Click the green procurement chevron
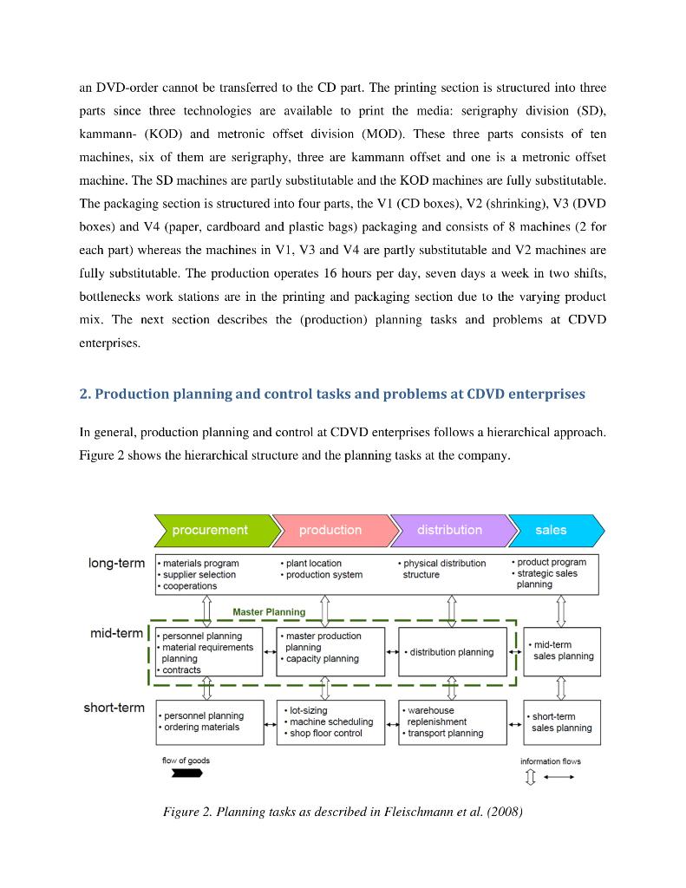tap(210, 530)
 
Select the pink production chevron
tap(330, 530)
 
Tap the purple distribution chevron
tap(448, 530)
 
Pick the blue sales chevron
tap(552, 530)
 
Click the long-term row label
tap(116, 564)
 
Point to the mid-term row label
tap(116, 634)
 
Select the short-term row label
tap(114, 708)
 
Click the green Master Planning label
tap(269, 611)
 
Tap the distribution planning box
tap(452, 652)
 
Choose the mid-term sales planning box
tap(561, 650)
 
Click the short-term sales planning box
tap(561, 722)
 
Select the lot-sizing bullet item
tap(306, 710)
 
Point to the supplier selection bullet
tap(199, 574)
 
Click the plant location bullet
tap(313, 563)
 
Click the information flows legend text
tap(551, 761)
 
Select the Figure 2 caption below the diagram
tap(343, 813)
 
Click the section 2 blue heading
tap(332, 395)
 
